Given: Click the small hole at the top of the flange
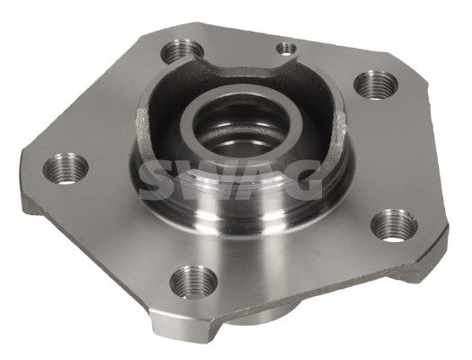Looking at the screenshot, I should pyautogui.click(x=287, y=48).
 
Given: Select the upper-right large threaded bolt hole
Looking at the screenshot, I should pyautogui.click(x=375, y=84).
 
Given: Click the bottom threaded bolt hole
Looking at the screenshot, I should pyautogui.click(x=192, y=282).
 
